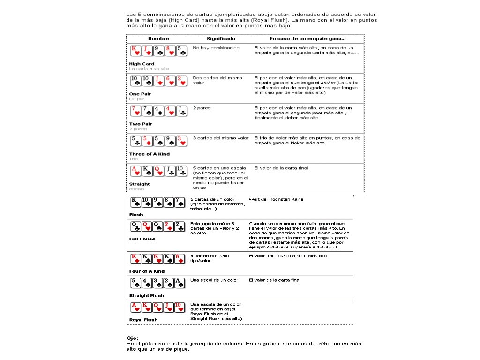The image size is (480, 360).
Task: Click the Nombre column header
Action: pos(158,39)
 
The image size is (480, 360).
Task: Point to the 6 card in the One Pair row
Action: pos(171,81)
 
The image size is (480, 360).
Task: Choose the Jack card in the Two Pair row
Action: pos(182,111)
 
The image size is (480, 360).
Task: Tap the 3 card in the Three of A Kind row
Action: pos(182,141)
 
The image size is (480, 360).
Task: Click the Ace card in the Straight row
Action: pos(135,171)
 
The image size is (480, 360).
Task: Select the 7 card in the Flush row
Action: pos(180,202)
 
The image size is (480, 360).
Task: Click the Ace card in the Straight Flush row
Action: pos(180,283)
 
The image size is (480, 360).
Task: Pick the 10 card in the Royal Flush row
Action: pos(180,307)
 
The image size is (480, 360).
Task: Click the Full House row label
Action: pos(142,239)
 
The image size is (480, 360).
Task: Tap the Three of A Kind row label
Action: pos(149,154)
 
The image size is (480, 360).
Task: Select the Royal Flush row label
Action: pos(143,320)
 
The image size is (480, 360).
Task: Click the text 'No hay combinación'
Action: pos(216,48)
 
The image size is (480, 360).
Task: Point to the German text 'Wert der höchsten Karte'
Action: pos(276,199)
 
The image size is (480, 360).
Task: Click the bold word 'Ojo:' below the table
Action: pos(132,338)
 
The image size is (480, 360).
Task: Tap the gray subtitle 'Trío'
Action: pos(134,159)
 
